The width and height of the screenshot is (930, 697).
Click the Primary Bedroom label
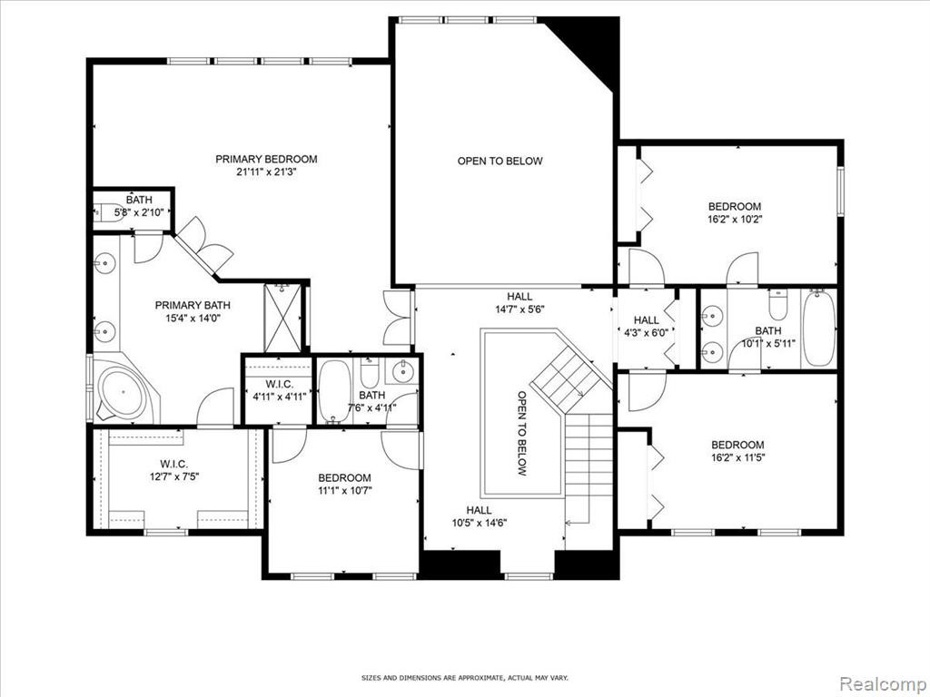266,160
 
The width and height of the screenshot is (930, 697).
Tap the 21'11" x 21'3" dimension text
266,173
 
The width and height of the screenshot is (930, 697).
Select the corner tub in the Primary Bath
123,392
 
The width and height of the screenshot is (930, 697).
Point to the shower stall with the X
283,319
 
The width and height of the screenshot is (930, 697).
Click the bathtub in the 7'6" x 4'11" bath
334,392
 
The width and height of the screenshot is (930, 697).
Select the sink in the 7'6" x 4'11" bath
403,372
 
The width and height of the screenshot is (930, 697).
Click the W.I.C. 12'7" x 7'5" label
173,469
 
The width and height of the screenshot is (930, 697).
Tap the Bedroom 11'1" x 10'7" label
344,484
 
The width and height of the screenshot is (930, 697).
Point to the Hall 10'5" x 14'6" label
479,516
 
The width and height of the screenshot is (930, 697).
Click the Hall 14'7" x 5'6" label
519,302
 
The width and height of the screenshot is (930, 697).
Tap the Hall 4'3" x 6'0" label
646,327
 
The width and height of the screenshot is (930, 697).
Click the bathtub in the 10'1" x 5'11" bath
818,329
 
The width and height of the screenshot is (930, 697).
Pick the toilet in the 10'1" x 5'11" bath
777,306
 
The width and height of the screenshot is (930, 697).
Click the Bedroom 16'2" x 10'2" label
735,212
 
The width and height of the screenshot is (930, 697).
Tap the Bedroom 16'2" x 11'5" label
737,451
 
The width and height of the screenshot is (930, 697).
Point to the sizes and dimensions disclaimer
465,677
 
